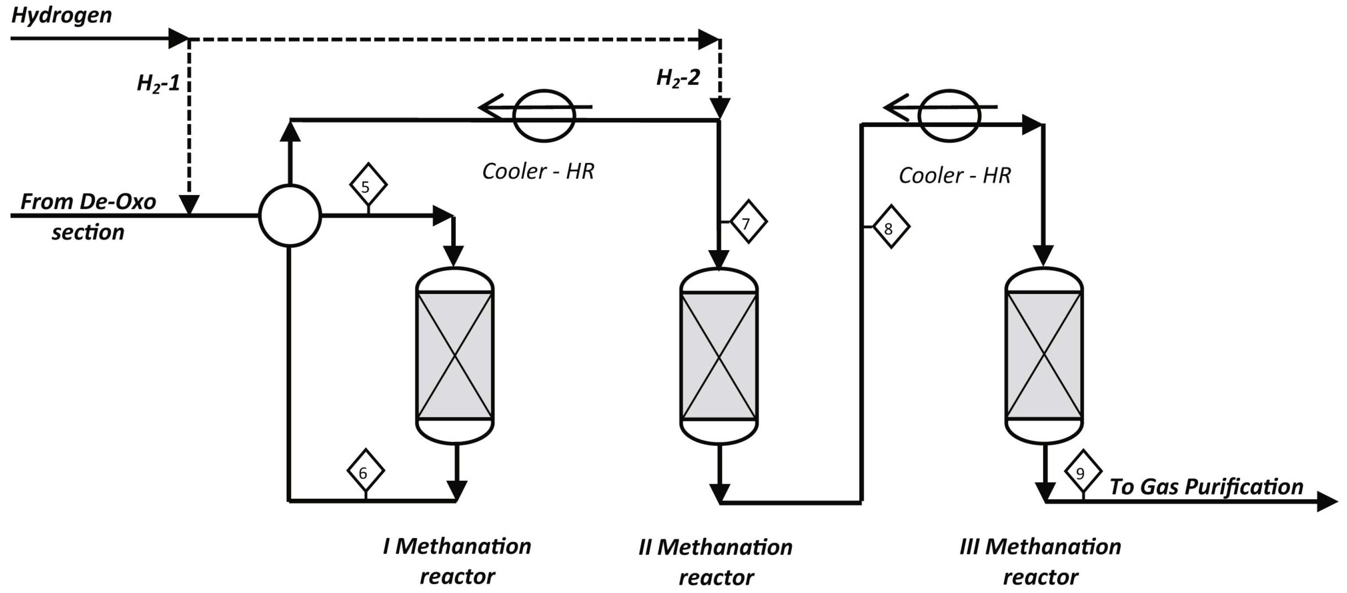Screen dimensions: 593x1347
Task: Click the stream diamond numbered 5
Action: coord(368,185)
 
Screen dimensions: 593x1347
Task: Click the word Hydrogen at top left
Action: coord(61,16)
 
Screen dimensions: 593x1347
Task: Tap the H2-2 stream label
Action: coord(678,79)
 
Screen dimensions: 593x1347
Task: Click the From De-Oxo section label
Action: coord(88,216)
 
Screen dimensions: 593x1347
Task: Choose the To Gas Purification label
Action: coord(1206,487)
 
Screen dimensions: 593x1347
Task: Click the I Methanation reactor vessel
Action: coord(455,356)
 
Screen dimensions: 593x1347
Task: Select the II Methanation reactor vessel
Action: coord(719,356)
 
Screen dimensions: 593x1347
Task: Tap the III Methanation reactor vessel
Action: coord(1044,356)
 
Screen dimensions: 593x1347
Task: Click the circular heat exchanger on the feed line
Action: coord(290,215)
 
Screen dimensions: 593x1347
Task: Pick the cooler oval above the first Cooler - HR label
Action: coord(544,115)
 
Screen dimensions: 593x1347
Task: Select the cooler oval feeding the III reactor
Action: coord(950,115)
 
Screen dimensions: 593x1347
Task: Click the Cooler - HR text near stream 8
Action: coord(954,176)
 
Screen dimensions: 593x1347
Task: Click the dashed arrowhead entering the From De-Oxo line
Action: coord(189,205)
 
